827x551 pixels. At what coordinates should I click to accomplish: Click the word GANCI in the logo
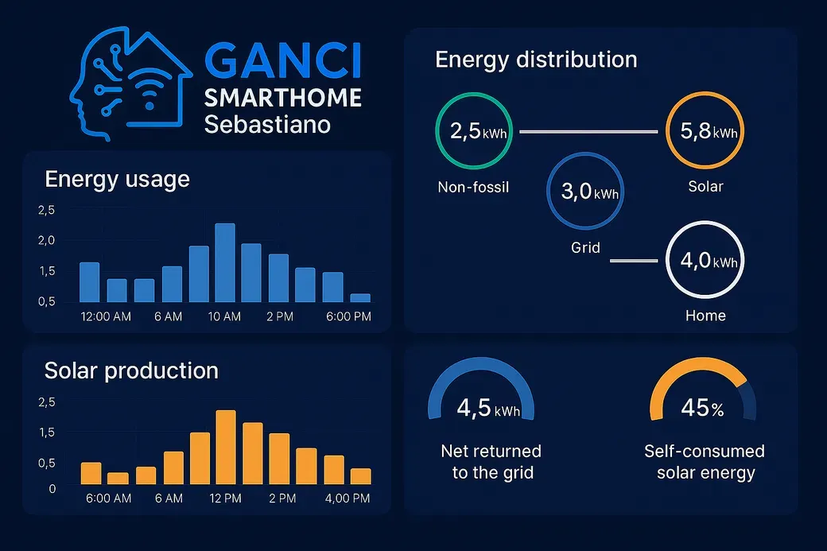283,61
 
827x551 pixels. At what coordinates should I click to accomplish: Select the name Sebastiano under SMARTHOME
267,125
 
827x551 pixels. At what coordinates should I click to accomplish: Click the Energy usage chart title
117,179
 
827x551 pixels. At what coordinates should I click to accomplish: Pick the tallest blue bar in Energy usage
225,262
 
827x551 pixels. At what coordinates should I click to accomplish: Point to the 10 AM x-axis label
224,316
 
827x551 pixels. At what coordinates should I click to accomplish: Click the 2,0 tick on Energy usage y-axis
46,240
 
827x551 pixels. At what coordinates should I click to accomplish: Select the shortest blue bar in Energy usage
360,298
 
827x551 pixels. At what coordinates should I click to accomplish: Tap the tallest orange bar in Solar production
226,447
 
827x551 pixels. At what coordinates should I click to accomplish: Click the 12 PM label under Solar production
225,499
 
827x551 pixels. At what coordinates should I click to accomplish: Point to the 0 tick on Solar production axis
52,489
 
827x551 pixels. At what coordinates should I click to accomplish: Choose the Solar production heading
131,371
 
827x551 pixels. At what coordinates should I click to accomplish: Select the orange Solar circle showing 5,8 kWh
705,92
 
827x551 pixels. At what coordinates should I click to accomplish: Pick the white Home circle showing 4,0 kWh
705,222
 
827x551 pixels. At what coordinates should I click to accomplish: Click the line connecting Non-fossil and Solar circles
588,131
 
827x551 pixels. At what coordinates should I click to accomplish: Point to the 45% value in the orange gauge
702,408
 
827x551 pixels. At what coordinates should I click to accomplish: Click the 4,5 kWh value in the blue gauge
488,408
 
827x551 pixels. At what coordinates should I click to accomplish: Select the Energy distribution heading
536,60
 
